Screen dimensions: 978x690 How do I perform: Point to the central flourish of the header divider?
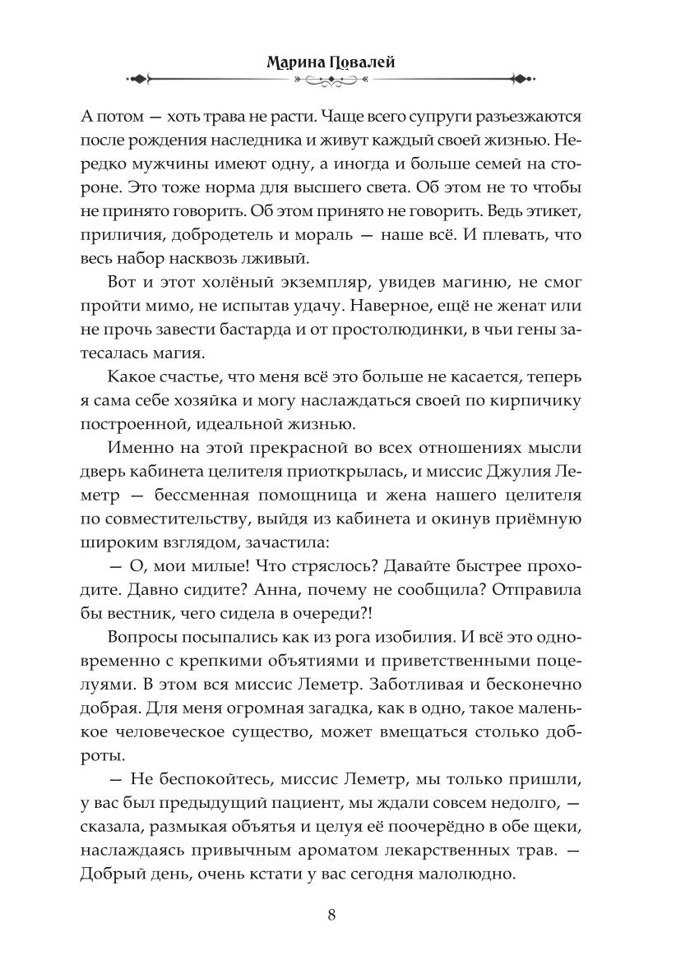point(331,79)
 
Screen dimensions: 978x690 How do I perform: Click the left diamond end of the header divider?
point(139,79)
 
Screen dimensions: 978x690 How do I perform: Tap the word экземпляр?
point(306,282)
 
